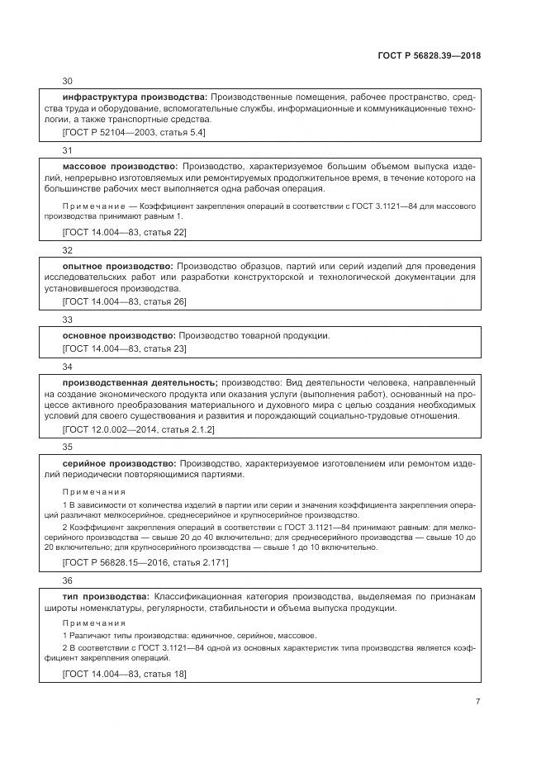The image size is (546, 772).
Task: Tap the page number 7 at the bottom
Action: click(477, 701)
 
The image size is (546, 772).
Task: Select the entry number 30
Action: click(68, 81)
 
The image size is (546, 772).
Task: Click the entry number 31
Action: click(68, 150)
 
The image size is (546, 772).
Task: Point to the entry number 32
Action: click(68, 249)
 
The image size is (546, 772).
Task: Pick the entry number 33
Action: click(68, 319)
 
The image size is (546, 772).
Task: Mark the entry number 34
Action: click(68, 366)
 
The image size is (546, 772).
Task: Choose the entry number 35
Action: click(68, 447)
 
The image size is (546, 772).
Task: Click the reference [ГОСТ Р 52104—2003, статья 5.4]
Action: click(134, 131)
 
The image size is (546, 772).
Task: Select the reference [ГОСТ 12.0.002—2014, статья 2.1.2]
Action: click(139, 429)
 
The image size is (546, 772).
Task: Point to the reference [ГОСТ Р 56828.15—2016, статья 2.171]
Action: click(145, 562)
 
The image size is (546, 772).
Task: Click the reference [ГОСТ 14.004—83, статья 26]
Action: click(125, 301)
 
